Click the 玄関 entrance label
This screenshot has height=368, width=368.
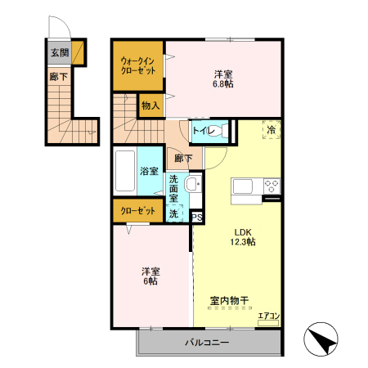59,53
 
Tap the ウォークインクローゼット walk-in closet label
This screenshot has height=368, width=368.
137,65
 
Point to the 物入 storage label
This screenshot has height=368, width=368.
150,105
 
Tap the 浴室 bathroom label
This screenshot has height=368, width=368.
148,172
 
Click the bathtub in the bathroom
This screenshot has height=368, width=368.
124,173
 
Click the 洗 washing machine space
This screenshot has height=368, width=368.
173,213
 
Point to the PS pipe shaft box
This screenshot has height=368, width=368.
197,217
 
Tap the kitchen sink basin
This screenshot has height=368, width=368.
246,187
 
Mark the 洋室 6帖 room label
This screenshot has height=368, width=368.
149,276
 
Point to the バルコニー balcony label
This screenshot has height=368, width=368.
206,342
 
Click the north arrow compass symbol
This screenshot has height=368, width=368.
321,339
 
